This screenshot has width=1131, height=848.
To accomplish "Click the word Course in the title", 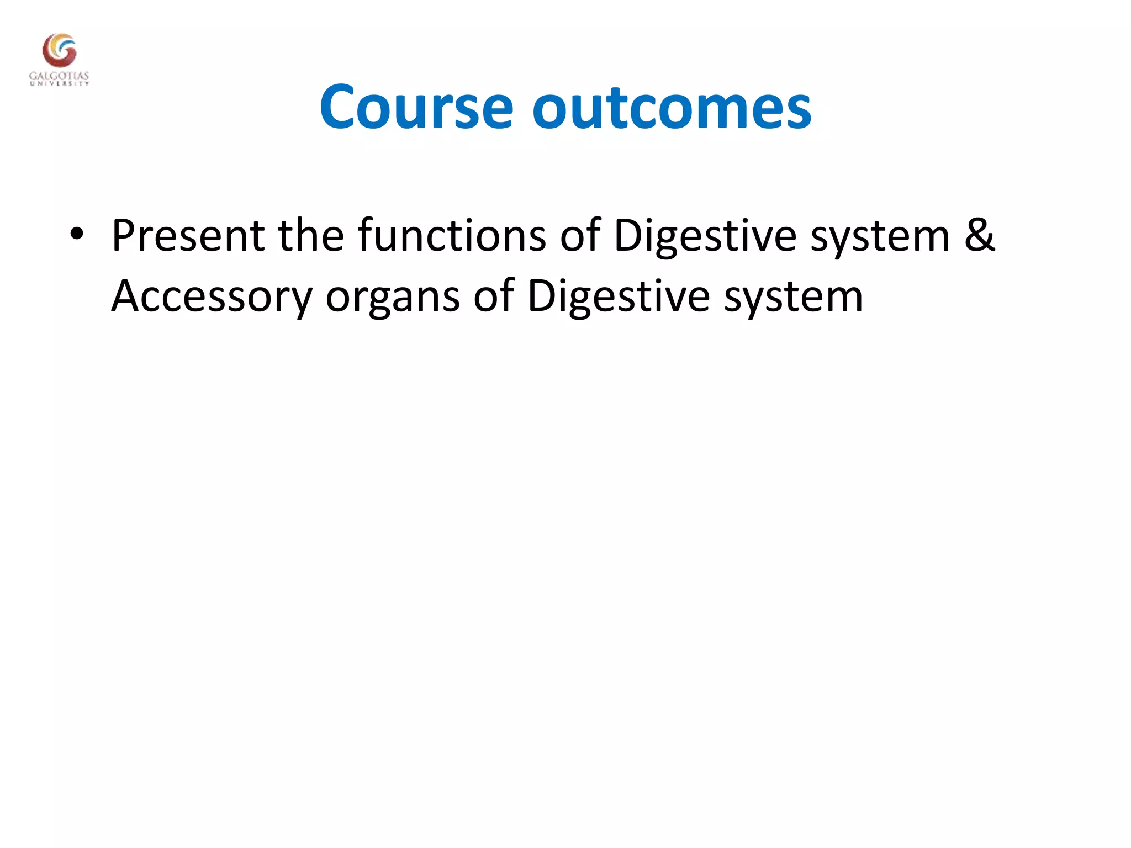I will pos(416,107).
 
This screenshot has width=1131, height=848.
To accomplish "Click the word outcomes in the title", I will pos(672,107).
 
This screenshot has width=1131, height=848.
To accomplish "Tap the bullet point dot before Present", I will pos(77,234).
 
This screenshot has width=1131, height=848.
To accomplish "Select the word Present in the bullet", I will pos(188,236).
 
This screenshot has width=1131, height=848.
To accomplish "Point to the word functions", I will pos(452,236).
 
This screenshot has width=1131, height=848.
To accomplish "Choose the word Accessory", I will pos(212,297).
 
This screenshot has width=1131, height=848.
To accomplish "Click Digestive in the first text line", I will pos(705,236).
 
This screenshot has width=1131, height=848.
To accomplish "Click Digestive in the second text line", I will pos(618,297).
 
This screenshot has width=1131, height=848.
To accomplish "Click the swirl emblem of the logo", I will pos(59,50).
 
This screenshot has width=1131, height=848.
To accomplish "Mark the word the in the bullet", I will pos(311,236).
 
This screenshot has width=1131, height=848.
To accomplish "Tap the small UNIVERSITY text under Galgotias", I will pos(59,84).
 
